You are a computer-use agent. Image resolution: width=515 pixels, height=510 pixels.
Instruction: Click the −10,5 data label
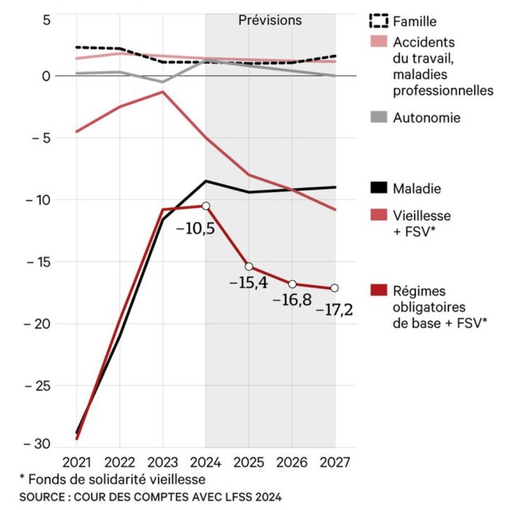(x=195, y=229)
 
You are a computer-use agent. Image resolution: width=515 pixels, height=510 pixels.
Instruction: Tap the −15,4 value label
(x=249, y=282)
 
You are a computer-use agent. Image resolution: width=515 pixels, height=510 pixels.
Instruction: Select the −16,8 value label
(x=292, y=300)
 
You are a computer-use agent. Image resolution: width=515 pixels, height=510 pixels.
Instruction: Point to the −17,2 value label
(x=334, y=309)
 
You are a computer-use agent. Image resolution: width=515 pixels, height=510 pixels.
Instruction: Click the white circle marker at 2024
(x=206, y=206)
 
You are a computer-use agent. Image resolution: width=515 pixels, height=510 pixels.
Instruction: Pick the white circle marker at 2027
(x=335, y=288)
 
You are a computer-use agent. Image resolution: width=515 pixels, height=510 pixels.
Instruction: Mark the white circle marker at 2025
(x=249, y=267)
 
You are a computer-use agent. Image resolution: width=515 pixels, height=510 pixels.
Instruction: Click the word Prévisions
(x=270, y=21)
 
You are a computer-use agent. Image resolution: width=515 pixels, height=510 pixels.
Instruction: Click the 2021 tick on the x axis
(x=77, y=463)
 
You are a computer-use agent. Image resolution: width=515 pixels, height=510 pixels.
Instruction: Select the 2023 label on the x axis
(x=163, y=463)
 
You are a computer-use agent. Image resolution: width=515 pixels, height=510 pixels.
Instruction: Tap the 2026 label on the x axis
(x=292, y=463)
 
